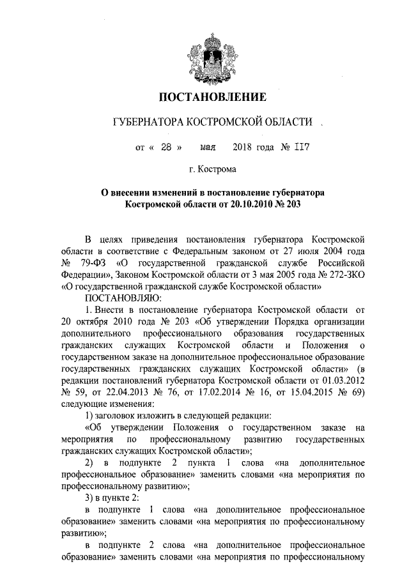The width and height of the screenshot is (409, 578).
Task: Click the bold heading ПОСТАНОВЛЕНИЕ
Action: [212, 98]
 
